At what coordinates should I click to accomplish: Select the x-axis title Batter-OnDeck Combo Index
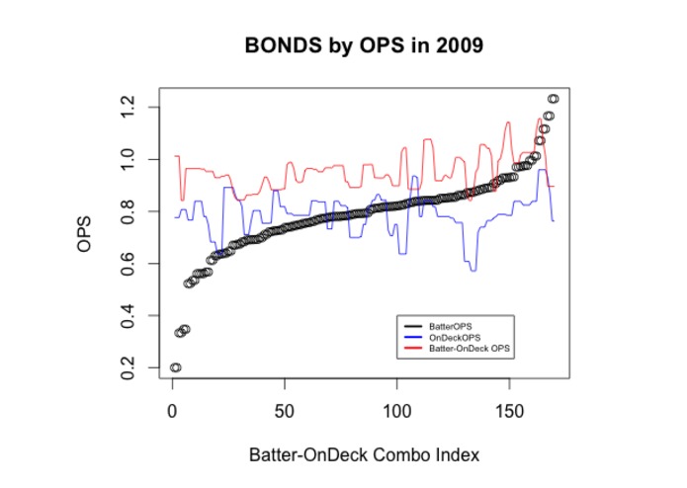[363, 455]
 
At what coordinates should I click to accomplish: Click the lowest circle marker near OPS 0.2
[175, 367]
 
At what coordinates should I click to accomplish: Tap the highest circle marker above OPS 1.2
[554, 99]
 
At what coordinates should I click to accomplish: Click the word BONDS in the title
[278, 46]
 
